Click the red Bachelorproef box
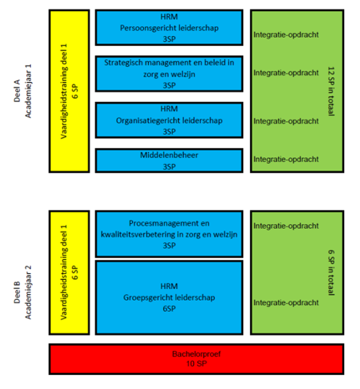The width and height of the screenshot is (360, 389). [x=197, y=359]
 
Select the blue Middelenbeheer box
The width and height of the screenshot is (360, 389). [x=169, y=160]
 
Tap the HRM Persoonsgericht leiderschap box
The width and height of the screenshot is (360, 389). [x=169, y=28]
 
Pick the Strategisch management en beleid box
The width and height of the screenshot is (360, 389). [x=169, y=74]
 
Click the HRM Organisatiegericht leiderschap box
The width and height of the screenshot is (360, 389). [x=169, y=120]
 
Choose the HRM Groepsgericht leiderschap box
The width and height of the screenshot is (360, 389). [x=169, y=297]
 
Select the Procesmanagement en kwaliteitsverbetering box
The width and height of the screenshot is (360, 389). [x=169, y=234]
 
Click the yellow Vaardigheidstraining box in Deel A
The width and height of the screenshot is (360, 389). [x=69, y=91]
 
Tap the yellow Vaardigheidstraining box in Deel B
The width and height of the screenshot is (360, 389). [x=69, y=272]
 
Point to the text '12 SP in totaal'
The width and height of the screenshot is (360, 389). [x=332, y=91]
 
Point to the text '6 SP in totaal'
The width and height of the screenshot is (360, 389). [x=332, y=272]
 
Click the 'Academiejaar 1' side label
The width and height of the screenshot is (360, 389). [x=28, y=91]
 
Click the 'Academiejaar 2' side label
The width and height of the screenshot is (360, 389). [x=28, y=292]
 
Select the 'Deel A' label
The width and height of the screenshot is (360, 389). [x=17, y=91]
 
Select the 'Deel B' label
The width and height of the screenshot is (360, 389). [x=17, y=292]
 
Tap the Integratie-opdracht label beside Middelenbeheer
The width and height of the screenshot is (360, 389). [x=286, y=159]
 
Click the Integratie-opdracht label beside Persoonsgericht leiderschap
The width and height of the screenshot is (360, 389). [x=286, y=35]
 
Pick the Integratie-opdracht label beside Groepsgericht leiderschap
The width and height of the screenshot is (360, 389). [x=286, y=302]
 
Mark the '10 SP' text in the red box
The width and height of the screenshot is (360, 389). [x=197, y=364]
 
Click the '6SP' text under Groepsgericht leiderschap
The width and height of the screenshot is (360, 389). [x=169, y=308]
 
